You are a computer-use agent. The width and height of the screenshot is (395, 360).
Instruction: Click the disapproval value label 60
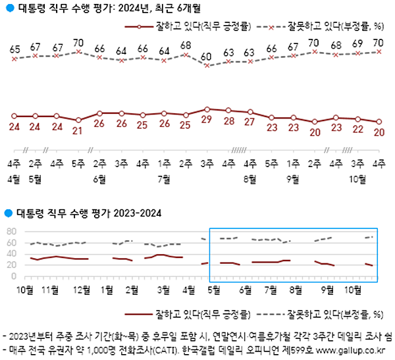pyautogui.click(x=207, y=56)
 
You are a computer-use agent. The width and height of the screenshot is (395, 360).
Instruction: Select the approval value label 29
pyautogui.click(x=207, y=120)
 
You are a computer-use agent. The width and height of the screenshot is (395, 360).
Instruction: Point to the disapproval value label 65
pyautogui.click(x=14, y=49)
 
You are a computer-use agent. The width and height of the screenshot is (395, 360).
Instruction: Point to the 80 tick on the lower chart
pyautogui.click(x=10, y=232)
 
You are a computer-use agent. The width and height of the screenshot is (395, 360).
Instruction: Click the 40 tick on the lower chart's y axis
pyautogui.click(x=10, y=254)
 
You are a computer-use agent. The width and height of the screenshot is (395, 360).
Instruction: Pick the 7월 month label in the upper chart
pyautogui.click(x=164, y=179)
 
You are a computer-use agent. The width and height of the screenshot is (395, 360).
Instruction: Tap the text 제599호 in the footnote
pyautogui.click(x=305, y=349)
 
